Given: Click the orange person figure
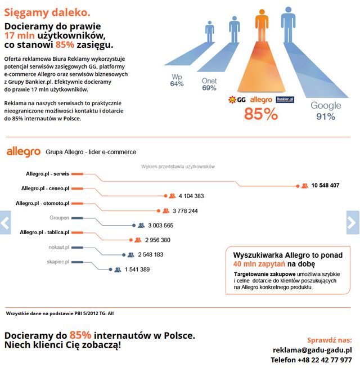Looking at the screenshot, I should [x=262, y=25].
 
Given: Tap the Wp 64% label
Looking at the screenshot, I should [x=177, y=79].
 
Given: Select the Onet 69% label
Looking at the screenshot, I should [x=209, y=84].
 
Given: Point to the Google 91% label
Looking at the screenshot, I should [x=326, y=111].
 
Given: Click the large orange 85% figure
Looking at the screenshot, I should [x=260, y=114].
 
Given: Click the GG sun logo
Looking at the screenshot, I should [x=236, y=100].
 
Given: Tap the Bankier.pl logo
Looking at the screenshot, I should [x=285, y=100].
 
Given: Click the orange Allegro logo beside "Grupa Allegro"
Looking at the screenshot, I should [x=23, y=152].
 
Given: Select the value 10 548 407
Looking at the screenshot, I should [x=325, y=185].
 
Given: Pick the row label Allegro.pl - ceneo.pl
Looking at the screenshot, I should [x=45, y=188].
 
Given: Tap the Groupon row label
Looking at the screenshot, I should [x=59, y=217].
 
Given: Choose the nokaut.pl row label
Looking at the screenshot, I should [x=58, y=246].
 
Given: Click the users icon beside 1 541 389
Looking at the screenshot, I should [x=118, y=270].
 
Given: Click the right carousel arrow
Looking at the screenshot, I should [x=353, y=222].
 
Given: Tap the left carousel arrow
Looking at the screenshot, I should [x=5, y=222].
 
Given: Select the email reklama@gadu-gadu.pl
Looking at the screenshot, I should [x=312, y=349].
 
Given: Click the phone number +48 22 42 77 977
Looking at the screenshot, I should [x=311, y=360].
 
